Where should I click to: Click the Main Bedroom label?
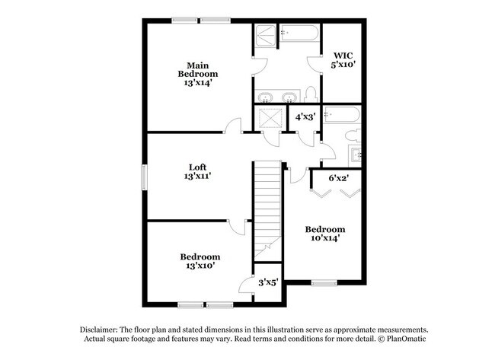198,74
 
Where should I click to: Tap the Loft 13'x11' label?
198,172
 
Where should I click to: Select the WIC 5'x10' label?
343,60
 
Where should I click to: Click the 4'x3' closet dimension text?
305,117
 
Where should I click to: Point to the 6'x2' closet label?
338,178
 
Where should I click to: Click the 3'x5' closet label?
268,282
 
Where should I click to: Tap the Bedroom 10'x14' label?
325,234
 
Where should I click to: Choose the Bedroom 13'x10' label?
200,261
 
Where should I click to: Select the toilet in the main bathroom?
311,94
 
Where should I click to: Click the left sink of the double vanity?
265,97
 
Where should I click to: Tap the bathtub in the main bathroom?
299,33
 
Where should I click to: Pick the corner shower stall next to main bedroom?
266,36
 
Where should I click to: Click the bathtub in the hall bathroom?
342,115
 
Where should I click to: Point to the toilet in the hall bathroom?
353,135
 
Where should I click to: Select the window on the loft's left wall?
144,177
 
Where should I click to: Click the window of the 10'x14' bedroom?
324,282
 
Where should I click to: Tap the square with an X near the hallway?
270,118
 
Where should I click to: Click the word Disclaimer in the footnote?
99,330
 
